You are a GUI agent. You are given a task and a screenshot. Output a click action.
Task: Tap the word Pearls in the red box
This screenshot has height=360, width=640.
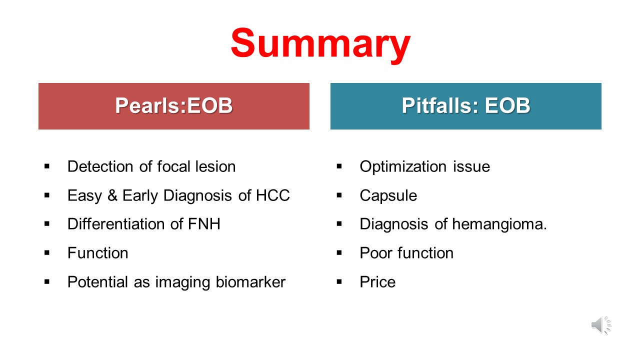point(147,105)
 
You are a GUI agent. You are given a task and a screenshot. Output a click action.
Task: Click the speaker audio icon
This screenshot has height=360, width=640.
point(601,325)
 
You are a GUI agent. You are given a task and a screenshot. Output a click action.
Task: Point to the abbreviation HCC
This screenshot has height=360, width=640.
point(272,195)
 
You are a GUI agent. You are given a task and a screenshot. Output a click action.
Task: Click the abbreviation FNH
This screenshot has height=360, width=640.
point(204,223)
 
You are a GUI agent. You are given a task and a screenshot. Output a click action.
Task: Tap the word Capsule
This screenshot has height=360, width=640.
point(388,196)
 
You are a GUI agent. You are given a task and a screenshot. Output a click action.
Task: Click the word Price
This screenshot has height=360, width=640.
point(377,282)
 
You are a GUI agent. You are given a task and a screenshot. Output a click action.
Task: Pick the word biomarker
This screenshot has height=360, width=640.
point(250,282)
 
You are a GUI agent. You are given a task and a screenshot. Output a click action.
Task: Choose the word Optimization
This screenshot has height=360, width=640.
point(403,167)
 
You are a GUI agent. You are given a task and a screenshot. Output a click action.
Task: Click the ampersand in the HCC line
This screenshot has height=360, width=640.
point(112,195)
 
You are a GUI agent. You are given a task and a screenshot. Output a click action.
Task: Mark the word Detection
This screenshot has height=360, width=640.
point(100,166)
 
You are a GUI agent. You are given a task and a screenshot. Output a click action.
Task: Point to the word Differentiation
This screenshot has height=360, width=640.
point(115,223)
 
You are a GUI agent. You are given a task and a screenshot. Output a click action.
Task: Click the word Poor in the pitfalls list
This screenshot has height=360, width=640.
point(375,253)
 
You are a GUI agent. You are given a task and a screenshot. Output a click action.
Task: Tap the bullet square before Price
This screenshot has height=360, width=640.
point(339,282)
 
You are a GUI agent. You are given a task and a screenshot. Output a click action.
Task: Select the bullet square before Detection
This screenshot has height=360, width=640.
point(47,166)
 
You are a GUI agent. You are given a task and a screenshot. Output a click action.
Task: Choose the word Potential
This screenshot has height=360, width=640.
point(97,282)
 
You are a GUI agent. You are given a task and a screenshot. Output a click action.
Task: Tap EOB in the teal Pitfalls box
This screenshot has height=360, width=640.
point(507,105)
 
